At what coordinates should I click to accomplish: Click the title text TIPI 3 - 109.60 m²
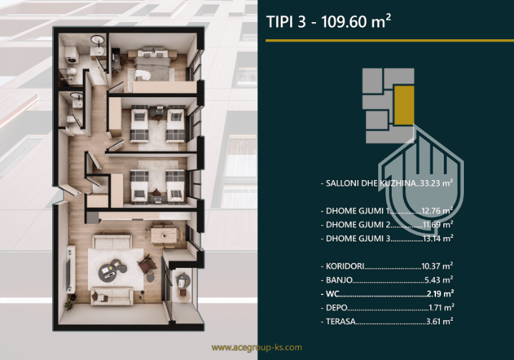328,21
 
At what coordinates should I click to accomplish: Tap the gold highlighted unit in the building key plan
404,105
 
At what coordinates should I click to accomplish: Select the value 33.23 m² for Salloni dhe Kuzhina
437,183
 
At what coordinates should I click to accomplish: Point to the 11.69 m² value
438,224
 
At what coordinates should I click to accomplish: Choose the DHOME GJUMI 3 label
358,238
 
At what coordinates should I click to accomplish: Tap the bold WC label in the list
332,294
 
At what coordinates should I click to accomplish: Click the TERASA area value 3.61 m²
440,321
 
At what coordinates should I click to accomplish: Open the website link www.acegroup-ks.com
257,348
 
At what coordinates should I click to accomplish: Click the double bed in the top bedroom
153,64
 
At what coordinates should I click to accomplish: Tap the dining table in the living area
164,235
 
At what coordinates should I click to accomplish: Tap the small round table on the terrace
183,281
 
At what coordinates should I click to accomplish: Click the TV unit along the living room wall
71,269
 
